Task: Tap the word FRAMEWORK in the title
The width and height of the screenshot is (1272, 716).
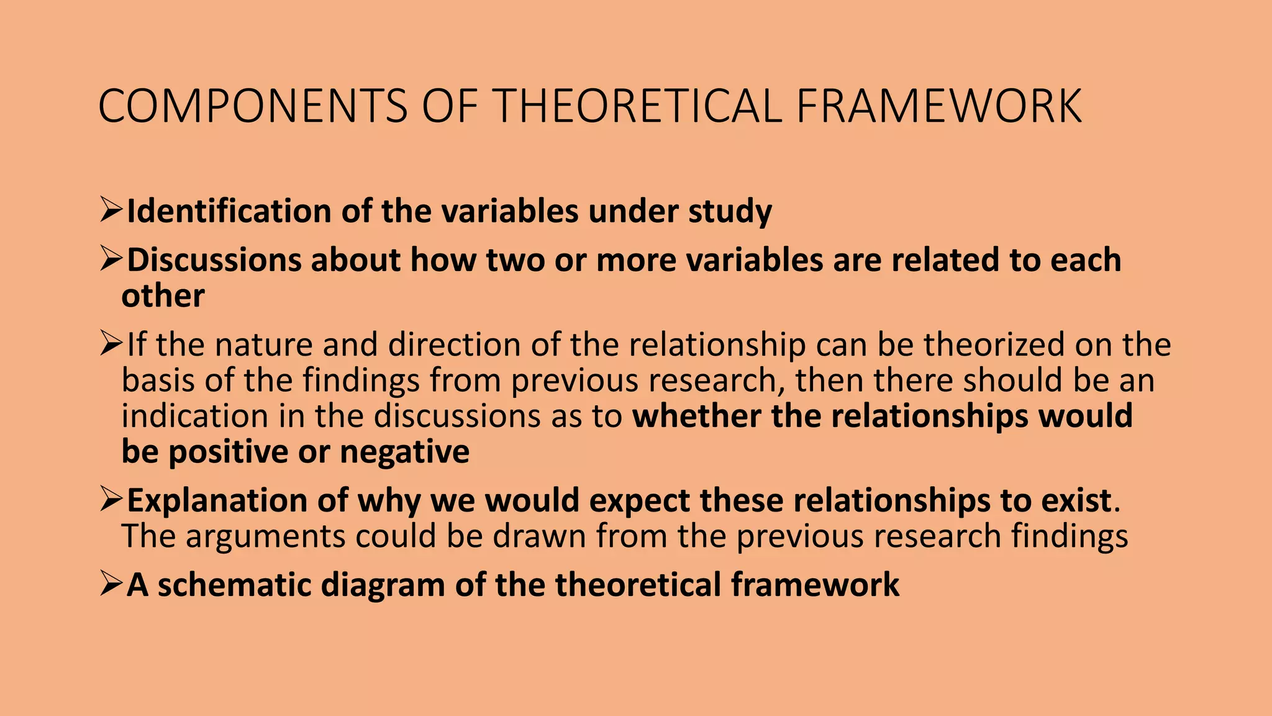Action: coord(938,106)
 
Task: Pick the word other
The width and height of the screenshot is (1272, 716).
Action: coord(163,296)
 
